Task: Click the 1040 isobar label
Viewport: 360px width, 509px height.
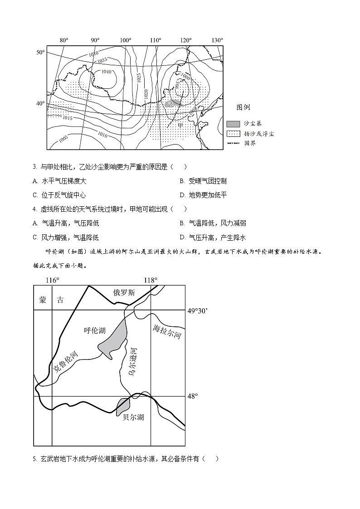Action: [x=106, y=72]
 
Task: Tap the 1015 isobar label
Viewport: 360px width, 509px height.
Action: [x=67, y=118]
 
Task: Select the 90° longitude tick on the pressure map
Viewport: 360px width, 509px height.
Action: [x=95, y=40]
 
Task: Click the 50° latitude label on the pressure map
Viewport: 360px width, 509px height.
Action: [x=40, y=53]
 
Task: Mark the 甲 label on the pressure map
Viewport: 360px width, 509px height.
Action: [x=180, y=125]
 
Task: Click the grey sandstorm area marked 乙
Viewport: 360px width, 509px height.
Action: [x=172, y=104]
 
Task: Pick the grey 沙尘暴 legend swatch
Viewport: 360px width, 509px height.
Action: [x=233, y=124]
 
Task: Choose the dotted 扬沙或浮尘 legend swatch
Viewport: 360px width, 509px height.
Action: [x=233, y=134]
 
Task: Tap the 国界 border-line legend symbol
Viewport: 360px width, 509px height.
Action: [x=233, y=143]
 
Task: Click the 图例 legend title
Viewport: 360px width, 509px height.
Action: [x=243, y=107]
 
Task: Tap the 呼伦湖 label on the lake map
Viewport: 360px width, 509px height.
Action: [x=95, y=330]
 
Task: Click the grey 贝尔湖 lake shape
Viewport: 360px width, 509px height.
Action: [x=123, y=405]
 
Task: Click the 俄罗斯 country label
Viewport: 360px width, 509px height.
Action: [x=124, y=293]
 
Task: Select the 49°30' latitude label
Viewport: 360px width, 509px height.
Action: [x=198, y=311]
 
